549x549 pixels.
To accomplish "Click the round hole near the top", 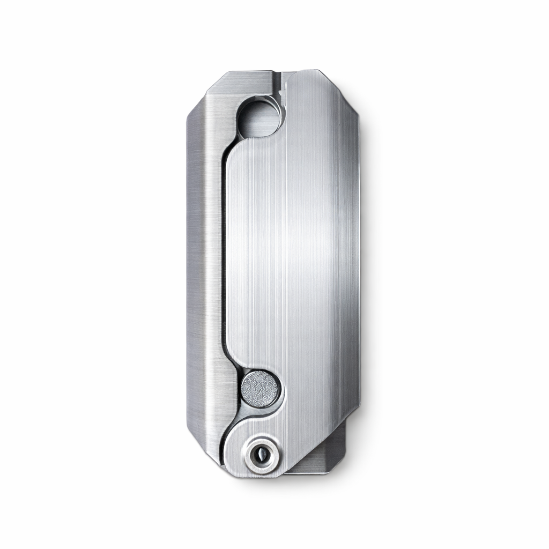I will (259, 117).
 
